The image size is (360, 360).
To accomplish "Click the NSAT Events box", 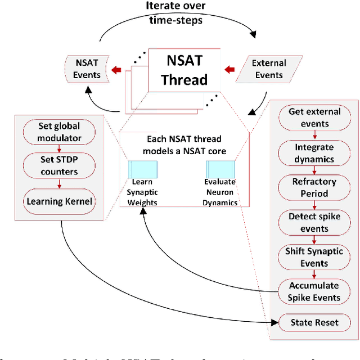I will point(87,69).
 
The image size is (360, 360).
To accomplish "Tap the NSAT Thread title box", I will point(184,70).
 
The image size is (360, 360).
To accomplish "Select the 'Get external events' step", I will point(314,117).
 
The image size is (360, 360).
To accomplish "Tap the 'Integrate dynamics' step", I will point(314,153).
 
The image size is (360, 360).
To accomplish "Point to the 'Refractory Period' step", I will point(314,188).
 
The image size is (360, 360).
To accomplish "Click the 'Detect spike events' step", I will point(314,223).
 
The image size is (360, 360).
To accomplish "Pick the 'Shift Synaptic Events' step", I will point(314,258).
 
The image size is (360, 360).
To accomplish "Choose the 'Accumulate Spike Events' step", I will point(314,292).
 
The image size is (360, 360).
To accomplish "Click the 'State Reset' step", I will point(314,323).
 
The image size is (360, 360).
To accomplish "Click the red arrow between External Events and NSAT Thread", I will point(229,70).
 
